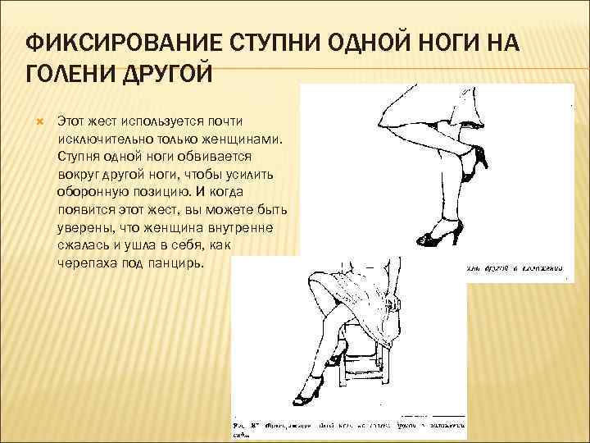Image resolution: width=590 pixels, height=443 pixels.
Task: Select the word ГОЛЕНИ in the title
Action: (x=69, y=75)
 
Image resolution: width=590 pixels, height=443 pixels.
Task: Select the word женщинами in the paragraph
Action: (x=247, y=138)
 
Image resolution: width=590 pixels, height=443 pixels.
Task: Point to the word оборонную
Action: (x=94, y=192)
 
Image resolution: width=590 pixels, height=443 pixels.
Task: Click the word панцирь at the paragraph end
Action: (x=182, y=264)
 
